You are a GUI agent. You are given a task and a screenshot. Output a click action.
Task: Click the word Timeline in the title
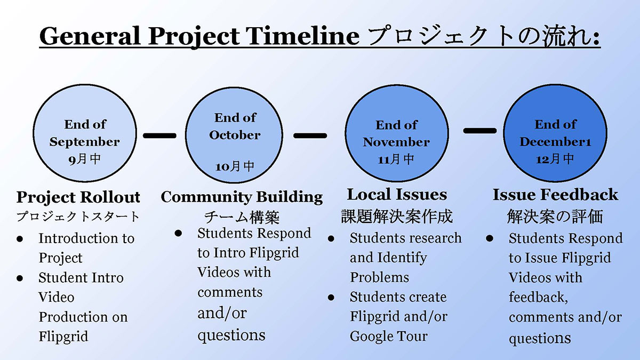[303, 36]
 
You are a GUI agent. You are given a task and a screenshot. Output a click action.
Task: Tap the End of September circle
[85, 133]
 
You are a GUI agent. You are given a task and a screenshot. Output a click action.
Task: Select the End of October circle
[234, 135]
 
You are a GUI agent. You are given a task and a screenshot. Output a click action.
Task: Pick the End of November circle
[397, 133]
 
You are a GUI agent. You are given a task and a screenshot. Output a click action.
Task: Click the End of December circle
[555, 133]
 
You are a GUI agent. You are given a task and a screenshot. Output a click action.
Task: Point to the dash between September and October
[159, 135]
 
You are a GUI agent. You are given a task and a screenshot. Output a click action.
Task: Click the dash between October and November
[310, 135]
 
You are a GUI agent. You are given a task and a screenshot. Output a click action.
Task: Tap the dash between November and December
[480, 131]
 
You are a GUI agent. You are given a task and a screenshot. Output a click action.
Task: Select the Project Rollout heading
[78, 197]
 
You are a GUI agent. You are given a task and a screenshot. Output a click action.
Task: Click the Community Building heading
[242, 197]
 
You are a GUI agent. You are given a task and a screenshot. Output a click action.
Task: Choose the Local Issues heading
[397, 195]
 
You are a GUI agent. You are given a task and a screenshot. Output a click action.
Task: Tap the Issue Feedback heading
[555, 195]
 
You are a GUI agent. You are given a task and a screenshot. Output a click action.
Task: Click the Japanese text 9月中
[85, 159]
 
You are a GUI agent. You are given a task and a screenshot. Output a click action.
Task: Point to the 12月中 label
[555, 159]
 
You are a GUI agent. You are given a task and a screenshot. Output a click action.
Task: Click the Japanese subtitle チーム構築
[242, 217]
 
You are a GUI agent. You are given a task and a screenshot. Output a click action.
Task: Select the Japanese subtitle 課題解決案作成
[397, 217]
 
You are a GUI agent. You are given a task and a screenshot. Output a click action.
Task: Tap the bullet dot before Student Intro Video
[20, 278]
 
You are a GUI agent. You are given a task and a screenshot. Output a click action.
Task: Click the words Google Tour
[389, 337]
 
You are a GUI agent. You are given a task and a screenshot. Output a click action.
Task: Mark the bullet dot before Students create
[331, 298]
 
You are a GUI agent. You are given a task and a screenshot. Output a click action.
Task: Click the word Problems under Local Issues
[379, 277]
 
